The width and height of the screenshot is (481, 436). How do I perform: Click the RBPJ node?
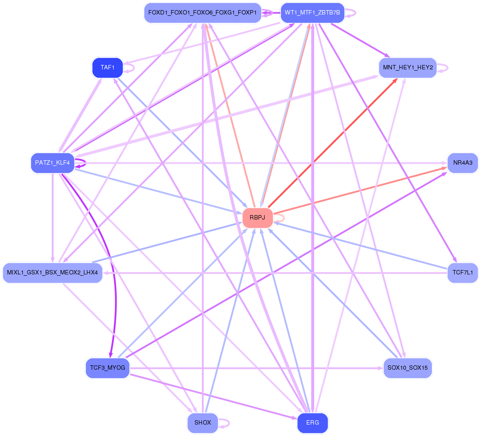258,218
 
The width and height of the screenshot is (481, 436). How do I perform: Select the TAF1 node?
108,68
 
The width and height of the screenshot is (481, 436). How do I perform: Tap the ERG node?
312,423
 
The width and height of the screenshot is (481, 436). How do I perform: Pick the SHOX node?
202,423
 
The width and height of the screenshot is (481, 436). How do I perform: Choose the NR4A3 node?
463,163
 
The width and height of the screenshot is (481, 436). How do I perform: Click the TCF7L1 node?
463,273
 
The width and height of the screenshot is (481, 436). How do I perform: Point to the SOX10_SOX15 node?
408,368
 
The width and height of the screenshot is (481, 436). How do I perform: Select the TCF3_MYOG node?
108,368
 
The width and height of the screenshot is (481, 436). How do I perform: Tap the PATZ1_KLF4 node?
53,163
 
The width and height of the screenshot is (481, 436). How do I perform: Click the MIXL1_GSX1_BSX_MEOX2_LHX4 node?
53,273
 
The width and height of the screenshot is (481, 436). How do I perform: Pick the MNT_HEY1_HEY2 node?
408,68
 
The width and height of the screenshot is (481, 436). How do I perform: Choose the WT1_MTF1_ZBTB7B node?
312,13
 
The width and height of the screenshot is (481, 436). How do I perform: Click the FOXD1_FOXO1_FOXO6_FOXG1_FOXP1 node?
202,13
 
